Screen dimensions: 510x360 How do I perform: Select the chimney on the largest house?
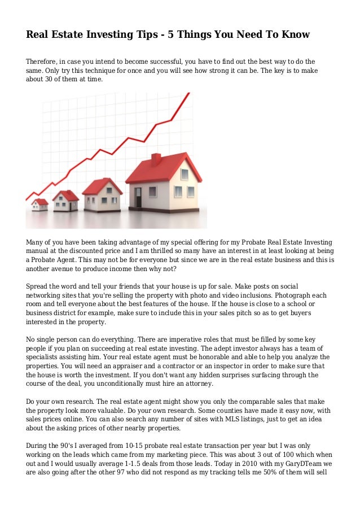click(156, 159)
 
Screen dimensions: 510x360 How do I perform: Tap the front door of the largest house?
click(138, 197)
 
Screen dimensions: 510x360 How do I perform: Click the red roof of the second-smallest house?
click(66, 195)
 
